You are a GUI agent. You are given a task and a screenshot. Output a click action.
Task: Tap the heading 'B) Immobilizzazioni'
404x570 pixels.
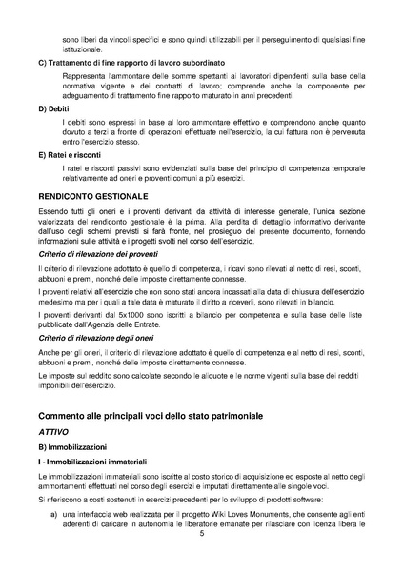coord(72,446)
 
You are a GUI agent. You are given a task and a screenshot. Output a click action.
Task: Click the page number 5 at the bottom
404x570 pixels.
coord(202,533)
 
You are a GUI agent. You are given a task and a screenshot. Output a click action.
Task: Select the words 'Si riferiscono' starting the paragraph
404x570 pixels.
coord(62,499)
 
